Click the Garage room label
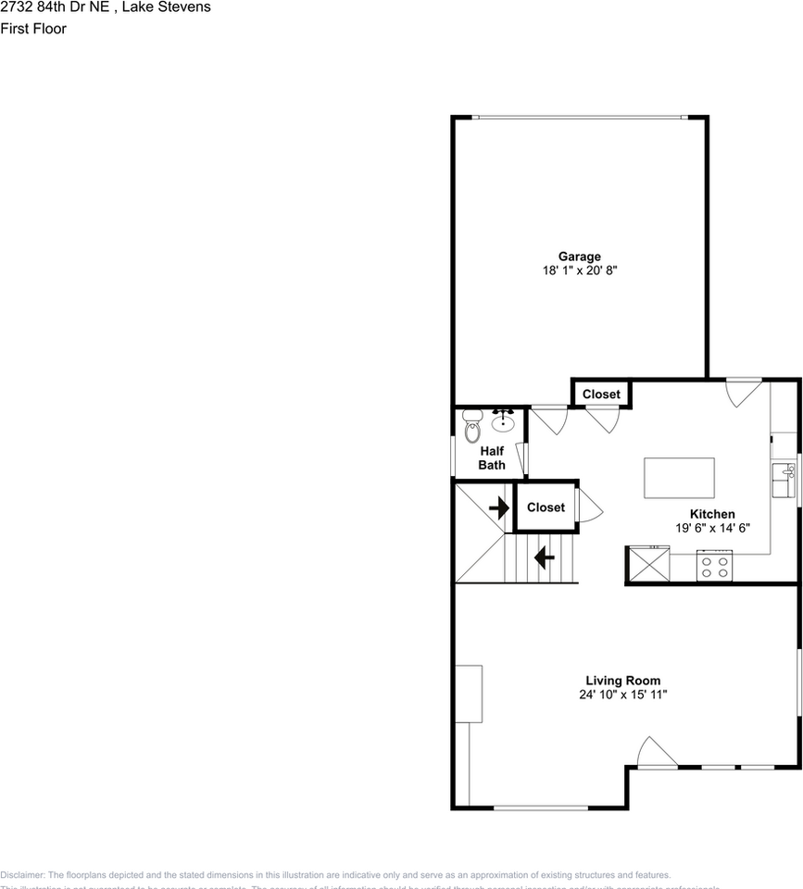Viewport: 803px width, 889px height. point(579,257)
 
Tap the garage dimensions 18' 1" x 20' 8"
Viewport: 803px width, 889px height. point(579,271)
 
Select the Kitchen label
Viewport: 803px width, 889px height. point(712,514)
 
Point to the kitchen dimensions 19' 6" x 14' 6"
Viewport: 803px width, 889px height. point(712,528)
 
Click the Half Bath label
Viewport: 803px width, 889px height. point(492,457)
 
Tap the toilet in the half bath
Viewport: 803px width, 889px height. point(472,427)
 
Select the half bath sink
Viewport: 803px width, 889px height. point(503,421)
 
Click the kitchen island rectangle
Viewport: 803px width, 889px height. point(679,478)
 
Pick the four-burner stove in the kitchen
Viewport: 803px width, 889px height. point(715,566)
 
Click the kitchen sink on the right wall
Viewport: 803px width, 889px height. point(784,481)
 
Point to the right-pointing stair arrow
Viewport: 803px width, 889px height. point(499,507)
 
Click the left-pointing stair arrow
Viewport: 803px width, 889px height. point(544,557)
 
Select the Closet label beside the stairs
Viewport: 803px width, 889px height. point(546,507)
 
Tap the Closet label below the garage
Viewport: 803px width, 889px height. point(601,394)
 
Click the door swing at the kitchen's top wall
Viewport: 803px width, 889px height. point(743,392)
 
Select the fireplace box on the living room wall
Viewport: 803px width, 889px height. point(468,693)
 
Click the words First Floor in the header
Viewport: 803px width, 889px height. point(33,29)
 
